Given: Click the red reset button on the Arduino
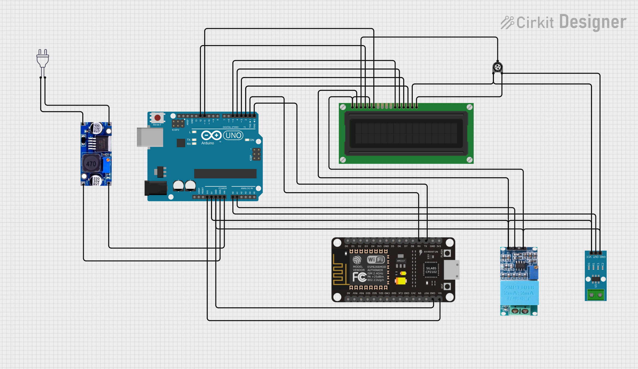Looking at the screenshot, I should point(157,118).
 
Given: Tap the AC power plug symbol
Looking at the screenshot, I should point(43,59).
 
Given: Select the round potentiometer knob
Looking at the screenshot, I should point(497,67).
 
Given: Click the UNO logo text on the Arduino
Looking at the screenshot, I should point(233,135).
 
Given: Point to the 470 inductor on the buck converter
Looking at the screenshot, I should point(91,163).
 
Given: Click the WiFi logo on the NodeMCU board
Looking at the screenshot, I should point(376,259).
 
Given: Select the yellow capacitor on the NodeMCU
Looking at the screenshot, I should point(401,281).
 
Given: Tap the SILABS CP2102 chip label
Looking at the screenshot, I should point(431,270).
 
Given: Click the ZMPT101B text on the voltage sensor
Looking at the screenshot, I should point(519,287).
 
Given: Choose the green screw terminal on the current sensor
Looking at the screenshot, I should point(596,295).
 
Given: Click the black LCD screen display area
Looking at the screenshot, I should point(406,133).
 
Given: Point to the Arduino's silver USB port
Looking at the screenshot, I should point(150,137).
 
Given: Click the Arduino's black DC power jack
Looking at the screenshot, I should point(156,188).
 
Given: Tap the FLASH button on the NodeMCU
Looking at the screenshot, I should point(447,253).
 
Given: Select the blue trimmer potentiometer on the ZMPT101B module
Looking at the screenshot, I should point(533,272).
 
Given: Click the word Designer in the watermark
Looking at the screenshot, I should point(593,22).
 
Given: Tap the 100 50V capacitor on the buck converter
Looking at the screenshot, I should point(97,128).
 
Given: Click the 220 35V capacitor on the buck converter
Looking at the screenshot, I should point(96,181).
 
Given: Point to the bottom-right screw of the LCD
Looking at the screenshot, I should point(469,160).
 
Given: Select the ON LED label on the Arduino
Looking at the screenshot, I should point(251,140).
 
